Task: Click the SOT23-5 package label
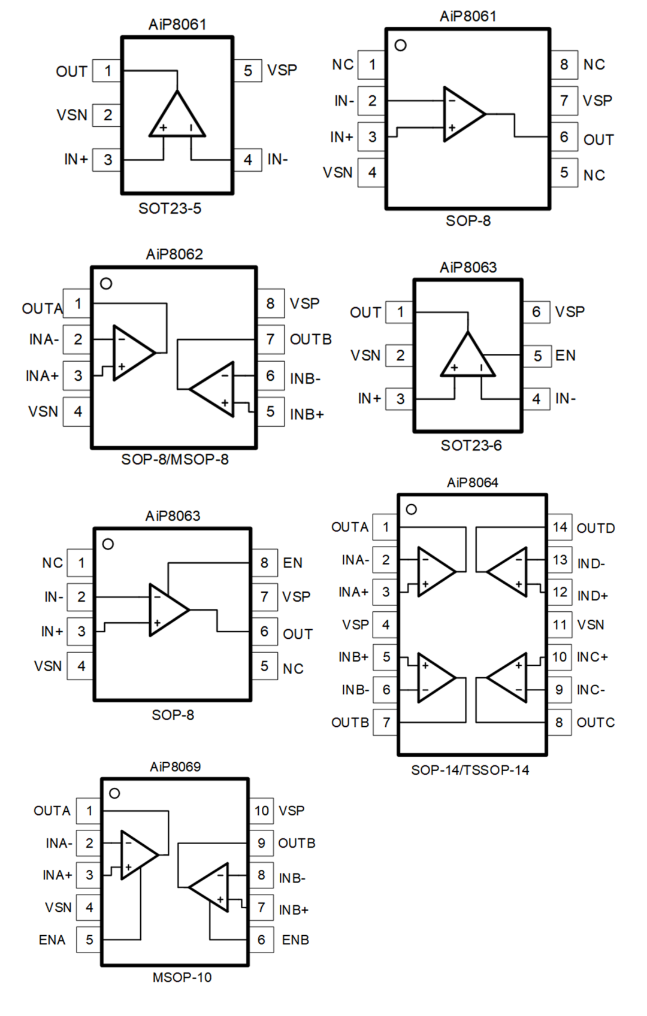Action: point(170,208)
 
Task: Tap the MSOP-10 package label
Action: point(182,977)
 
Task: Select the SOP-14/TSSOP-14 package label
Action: point(470,770)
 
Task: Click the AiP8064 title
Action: point(472,483)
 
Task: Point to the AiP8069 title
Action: point(175,766)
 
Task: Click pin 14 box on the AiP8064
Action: point(560,527)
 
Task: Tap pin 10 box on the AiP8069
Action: point(261,811)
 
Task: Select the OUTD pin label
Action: point(595,528)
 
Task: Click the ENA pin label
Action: point(52,940)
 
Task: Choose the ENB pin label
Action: point(295,940)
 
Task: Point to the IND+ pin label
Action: point(592,596)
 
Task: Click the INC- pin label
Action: point(591,690)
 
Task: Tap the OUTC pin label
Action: point(595,723)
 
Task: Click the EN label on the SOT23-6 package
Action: point(565,356)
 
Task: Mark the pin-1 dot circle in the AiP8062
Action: point(106,284)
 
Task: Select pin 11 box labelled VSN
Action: point(560,625)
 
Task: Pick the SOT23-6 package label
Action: point(471,445)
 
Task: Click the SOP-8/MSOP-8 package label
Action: point(174,459)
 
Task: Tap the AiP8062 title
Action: point(174,254)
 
